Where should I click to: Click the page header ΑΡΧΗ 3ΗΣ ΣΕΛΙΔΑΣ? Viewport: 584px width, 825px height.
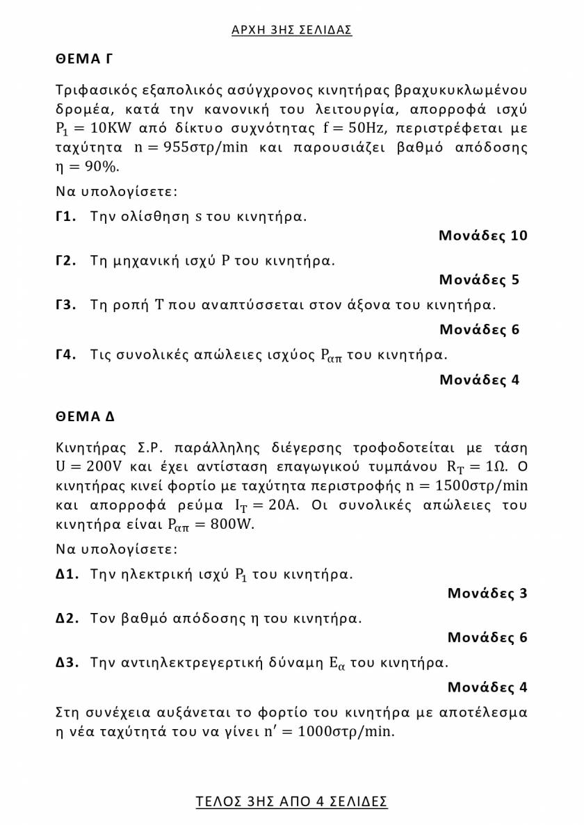(291, 29)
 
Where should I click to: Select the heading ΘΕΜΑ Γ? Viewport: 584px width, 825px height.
(83, 59)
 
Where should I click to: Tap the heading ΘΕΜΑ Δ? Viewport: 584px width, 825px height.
(85, 417)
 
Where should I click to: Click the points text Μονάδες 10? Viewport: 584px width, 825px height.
(482, 236)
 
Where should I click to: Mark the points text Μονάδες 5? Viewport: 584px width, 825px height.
(479, 280)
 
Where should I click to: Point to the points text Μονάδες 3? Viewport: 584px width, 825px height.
(487, 594)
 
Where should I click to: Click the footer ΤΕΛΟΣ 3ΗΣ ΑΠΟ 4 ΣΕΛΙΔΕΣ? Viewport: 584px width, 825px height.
(291, 801)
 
